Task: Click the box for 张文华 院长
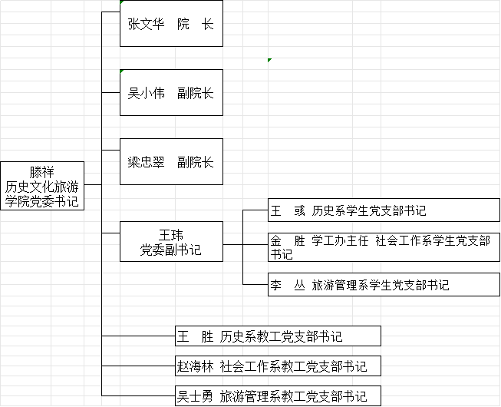pos(171,25)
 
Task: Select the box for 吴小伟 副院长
pos(171,93)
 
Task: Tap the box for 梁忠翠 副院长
pos(171,162)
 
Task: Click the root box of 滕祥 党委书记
pos(41,186)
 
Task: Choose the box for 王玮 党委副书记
pos(171,241)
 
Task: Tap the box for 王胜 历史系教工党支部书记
pos(278,336)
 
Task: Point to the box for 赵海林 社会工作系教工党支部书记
pos(278,366)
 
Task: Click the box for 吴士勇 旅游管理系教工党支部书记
pos(278,396)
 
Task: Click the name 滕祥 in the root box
pos(42,171)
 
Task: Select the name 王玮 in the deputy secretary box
pos(171,234)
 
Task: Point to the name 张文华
pos(146,25)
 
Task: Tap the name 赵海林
pos(195,366)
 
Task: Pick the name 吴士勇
pos(195,397)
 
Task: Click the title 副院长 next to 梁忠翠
pos(195,162)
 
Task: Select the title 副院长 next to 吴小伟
pos(195,94)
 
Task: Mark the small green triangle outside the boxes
pos(269,60)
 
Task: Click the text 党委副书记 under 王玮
pos(171,250)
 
